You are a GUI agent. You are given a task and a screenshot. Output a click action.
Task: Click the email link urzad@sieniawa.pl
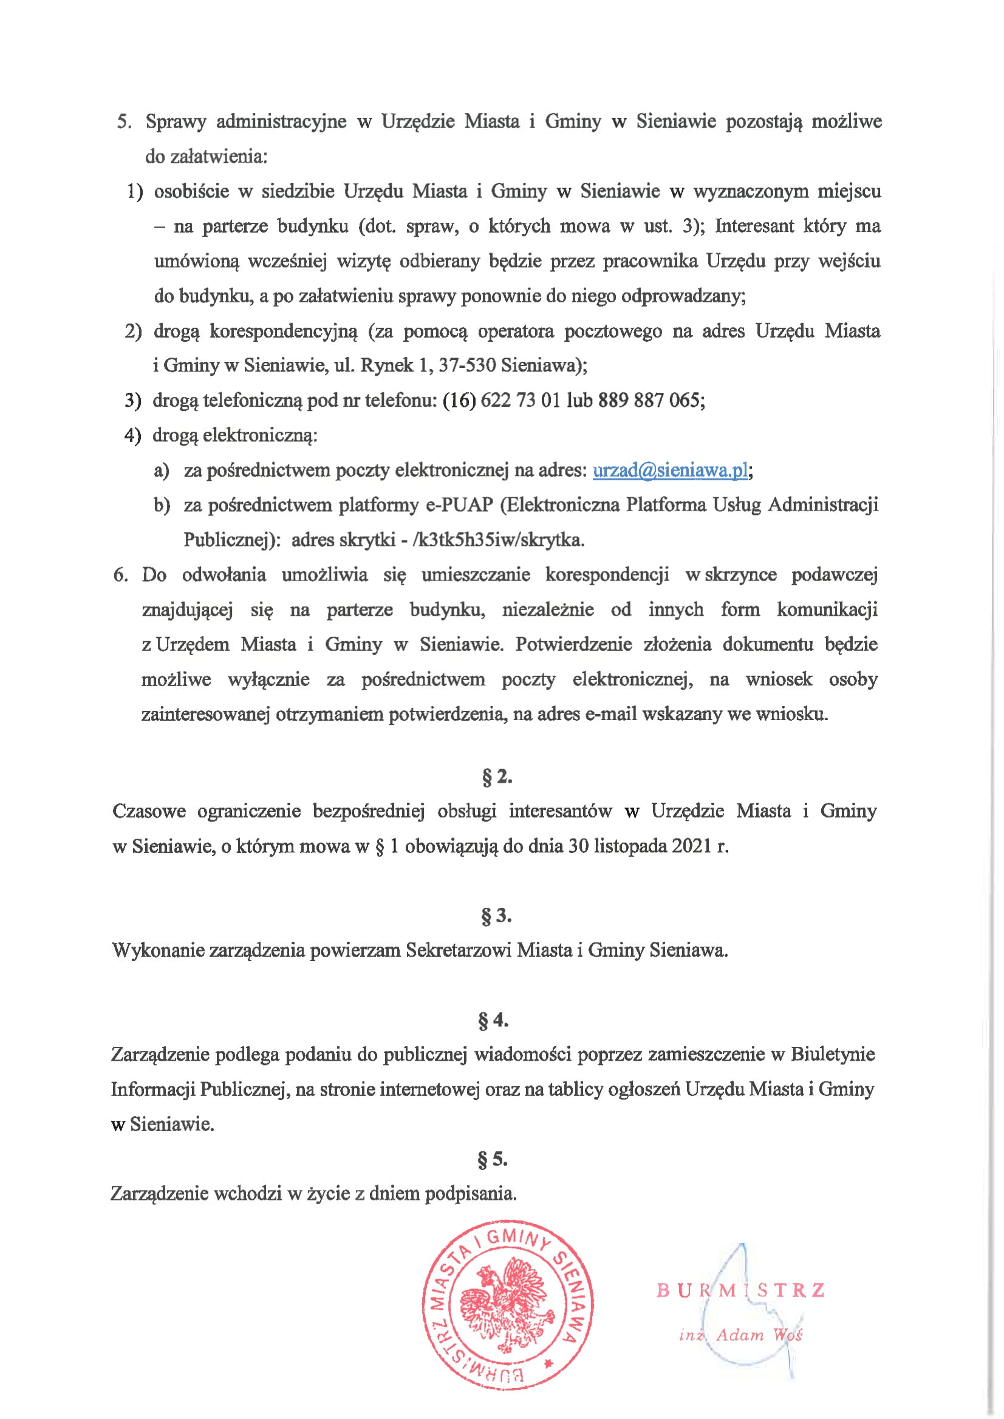tap(670, 471)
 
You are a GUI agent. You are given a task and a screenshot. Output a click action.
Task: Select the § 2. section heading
tap(497, 777)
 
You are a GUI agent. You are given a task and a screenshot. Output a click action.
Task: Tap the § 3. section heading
tap(496, 915)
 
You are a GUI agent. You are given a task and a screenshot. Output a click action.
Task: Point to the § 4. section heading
tap(493, 1020)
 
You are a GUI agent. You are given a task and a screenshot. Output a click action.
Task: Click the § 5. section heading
tap(493, 1160)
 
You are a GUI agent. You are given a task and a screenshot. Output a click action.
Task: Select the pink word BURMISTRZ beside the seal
tap(740, 1290)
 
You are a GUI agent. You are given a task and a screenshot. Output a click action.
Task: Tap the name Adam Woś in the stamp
tap(759, 1335)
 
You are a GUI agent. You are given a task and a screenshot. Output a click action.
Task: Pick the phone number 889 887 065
tap(649, 401)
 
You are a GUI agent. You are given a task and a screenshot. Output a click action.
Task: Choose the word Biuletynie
tap(833, 1054)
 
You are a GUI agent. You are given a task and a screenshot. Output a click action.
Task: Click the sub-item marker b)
tap(162, 506)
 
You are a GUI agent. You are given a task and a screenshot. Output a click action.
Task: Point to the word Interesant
tap(755, 226)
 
